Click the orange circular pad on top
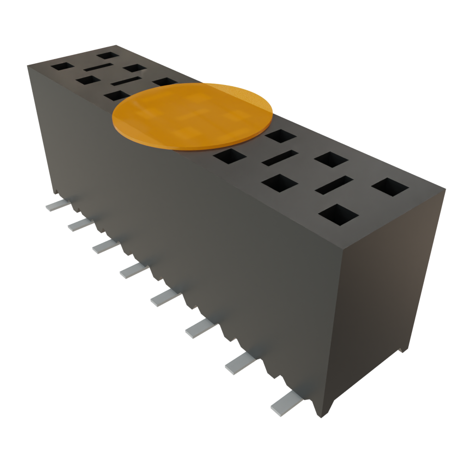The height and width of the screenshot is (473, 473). [x=192, y=116]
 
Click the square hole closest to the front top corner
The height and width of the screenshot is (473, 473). [x=339, y=215]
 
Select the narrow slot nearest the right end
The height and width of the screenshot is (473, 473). [x=334, y=185]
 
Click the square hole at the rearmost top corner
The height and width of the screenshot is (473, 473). [x=108, y=55]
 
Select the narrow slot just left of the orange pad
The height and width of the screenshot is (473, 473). [x=126, y=82]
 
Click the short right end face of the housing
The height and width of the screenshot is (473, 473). [x=388, y=296]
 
